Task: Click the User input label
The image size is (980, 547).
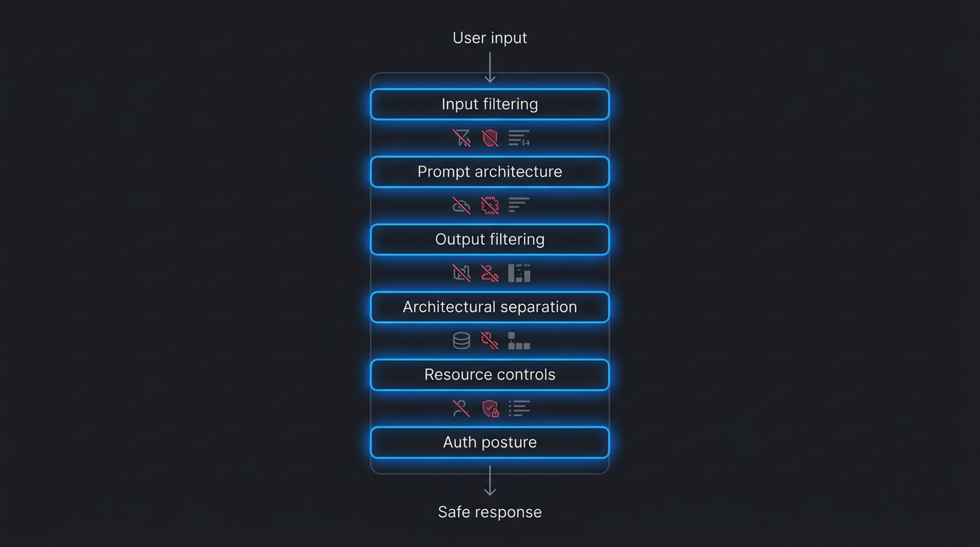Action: click(490, 38)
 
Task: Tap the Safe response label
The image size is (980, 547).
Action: click(490, 512)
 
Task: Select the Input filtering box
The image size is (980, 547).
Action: click(490, 104)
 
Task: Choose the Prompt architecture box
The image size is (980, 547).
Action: click(490, 172)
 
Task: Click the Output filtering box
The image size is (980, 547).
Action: click(490, 239)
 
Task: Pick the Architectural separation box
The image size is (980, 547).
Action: click(490, 307)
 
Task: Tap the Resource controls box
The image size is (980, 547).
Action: click(490, 375)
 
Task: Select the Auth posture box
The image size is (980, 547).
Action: click(490, 442)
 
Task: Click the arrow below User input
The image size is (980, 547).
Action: click(490, 67)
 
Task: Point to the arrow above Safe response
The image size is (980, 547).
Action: click(490, 481)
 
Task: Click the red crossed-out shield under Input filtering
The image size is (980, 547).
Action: click(490, 138)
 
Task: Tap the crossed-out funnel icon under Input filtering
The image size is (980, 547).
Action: click(462, 138)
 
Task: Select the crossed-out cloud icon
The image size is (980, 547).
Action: click(462, 206)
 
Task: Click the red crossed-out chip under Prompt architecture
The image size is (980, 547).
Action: click(490, 206)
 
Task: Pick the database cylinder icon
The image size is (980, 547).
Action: click(462, 341)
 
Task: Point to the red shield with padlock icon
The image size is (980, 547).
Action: click(490, 409)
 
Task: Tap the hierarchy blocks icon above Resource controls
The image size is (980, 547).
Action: click(519, 341)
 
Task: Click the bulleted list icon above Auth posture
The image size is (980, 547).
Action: click(519, 409)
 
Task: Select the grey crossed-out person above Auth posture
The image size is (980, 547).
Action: click(462, 409)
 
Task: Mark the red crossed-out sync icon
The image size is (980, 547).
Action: click(490, 341)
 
